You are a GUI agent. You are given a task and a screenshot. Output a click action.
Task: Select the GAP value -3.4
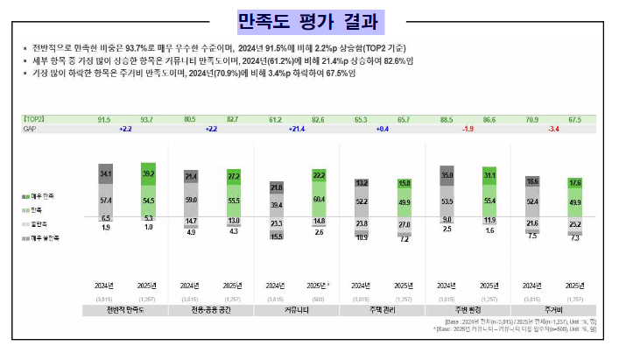click(x=552, y=129)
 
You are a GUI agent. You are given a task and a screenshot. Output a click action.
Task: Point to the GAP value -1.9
click(x=468, y=129)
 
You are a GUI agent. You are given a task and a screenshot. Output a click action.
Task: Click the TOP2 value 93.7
click(x=145, y=119)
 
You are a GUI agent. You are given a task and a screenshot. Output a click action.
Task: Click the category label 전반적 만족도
click(x=125, y=310)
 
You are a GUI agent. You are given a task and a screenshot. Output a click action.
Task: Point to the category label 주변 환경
click(x=468, y=310)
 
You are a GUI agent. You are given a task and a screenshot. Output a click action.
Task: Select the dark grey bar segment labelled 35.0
click(x=447, y=175)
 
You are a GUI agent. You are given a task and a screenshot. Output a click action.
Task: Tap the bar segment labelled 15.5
click(x=277, y=236)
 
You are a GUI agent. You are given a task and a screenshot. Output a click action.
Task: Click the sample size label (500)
click(x=319, y=298)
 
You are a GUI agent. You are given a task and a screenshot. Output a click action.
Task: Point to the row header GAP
click(x=30, y=129)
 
